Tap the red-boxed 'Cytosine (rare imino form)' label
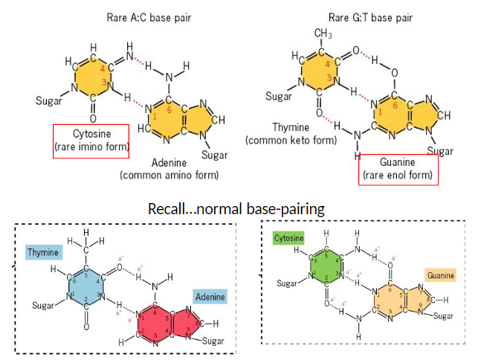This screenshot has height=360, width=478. tap(91, 141)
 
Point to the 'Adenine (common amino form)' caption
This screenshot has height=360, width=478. tap(169, 169)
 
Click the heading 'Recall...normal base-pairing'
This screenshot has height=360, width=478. tap(236, 209)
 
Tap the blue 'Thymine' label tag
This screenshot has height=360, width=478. tap(43, 253)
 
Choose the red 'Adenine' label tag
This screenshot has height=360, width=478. tap(210, 297)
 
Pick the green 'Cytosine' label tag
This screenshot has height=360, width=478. tap(288, 238)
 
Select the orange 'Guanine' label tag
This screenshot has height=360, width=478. tap(440, 274)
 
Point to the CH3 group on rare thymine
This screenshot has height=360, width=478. tap(322, 34)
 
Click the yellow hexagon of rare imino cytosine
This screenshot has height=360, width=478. tap(94, 77)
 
